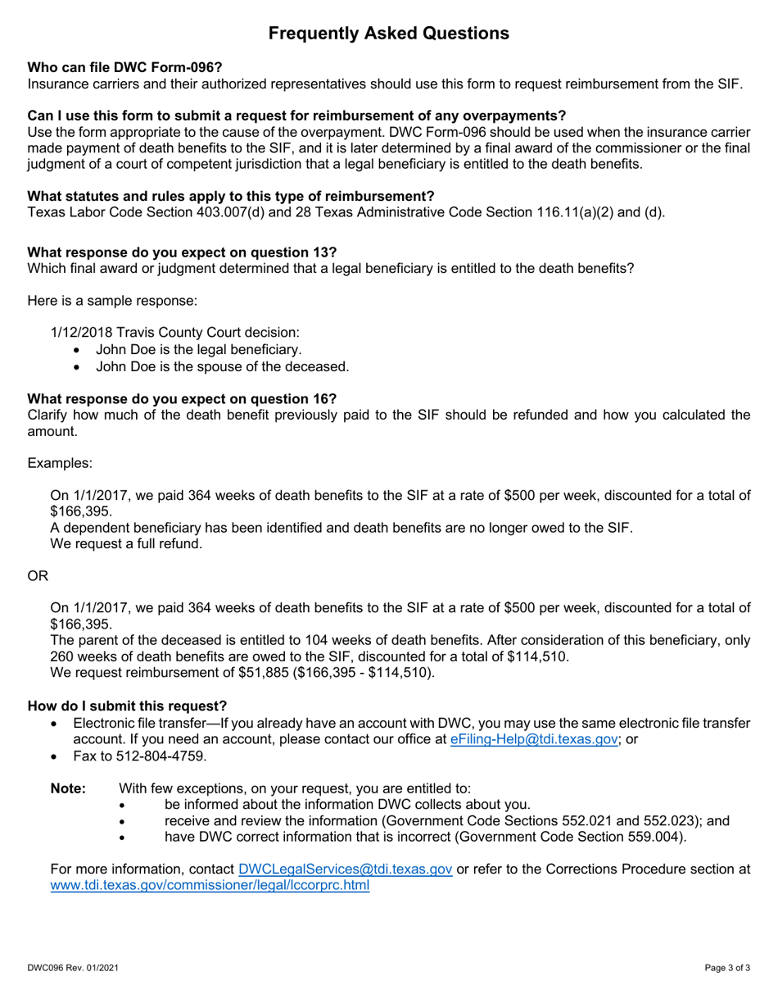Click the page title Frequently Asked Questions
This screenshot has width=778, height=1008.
click(389, 34)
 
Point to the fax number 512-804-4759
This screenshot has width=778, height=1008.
click(153, 756)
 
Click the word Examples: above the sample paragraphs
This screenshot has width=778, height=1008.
click(60, 463)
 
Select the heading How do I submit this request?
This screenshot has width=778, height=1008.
click(127, 706)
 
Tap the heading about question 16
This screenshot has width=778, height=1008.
click(182, 398)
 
